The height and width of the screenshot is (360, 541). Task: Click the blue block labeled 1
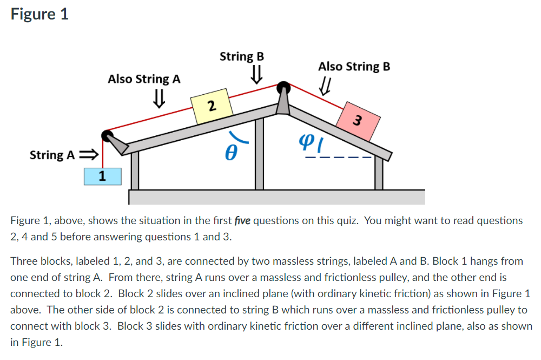coord(102,176)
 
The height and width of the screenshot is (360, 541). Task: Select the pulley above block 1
coord(107,135)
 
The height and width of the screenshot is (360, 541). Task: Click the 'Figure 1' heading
coord(39,14)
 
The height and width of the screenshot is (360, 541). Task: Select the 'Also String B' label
coord(354,67)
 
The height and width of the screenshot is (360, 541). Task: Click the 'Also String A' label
coord(144,79)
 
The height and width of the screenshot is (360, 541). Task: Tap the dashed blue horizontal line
coord(338,158)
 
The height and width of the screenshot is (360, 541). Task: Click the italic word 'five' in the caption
coord(243,220)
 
